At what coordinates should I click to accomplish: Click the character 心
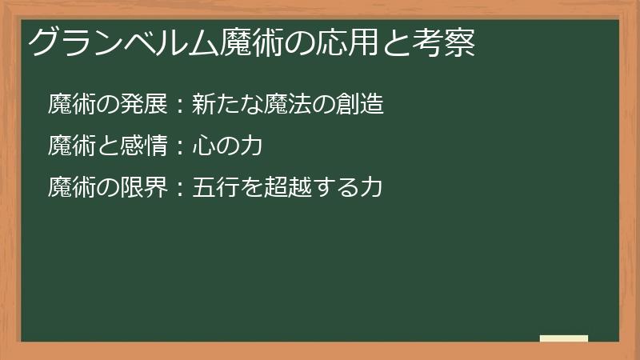click(204, 146)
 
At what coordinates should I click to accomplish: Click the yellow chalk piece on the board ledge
click(564, 338)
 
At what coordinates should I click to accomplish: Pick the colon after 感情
click(179, 147)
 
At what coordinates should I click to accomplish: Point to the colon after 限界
click(179, 189)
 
